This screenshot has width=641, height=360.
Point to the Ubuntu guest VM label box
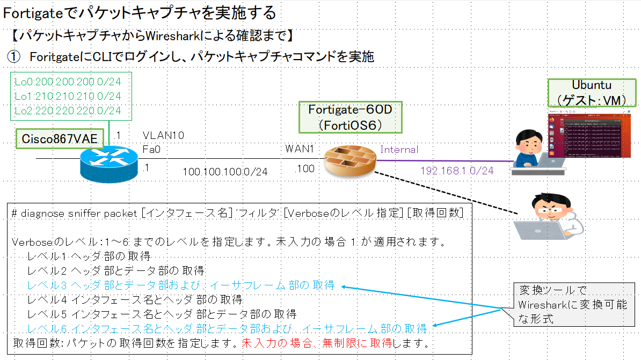coord(592,93)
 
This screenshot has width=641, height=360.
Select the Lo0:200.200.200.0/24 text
coord(68,82)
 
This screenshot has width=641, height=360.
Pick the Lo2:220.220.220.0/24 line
coord(68,111)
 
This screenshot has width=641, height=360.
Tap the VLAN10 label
coord(163,136)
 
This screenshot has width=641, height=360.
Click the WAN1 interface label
coord(300,148)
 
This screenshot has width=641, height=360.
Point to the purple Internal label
coord(399,150)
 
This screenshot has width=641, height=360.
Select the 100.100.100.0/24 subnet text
coord(225,172)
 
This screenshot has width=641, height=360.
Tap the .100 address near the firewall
coord(304,169)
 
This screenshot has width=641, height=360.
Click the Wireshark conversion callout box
coord(572,305)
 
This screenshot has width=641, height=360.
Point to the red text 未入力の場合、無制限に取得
coord(317,342)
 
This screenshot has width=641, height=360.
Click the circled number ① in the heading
coord(13,56)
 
